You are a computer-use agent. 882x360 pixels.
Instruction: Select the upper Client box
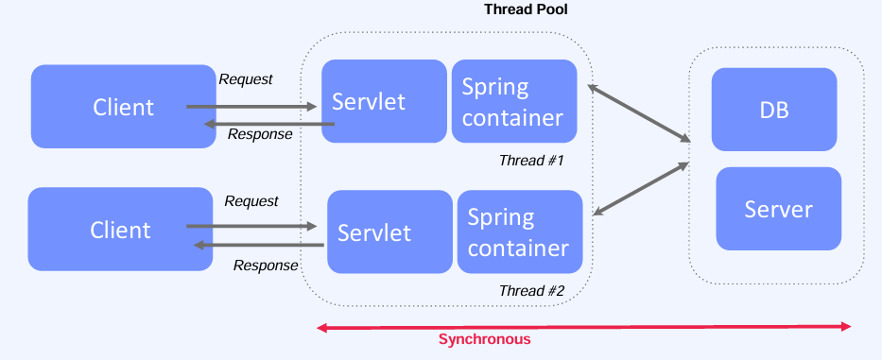[x=123, y=106]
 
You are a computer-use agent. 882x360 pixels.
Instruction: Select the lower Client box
[x=120, y=230]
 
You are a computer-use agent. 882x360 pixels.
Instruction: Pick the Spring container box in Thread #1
[x=513, y=101]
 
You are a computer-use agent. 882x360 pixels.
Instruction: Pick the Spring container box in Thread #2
[x=519, y=231]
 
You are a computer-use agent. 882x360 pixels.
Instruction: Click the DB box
[x=773, y=110]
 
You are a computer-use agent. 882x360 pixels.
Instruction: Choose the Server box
[x=778, y=209]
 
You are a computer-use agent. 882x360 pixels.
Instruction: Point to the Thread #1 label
[x=531, y=161]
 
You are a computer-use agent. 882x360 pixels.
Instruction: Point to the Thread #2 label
[x=531, y=291]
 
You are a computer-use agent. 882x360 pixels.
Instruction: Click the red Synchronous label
[x=485, y=339]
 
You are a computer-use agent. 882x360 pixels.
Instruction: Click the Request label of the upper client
[x=246, y=79]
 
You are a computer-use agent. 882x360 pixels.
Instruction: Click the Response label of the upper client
[x=260, y=134]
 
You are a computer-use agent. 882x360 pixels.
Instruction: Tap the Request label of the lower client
[x=251, y=201]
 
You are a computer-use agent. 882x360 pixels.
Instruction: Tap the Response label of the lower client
[x=266, y=266]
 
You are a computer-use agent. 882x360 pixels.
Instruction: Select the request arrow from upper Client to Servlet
[x=251, y=107]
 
